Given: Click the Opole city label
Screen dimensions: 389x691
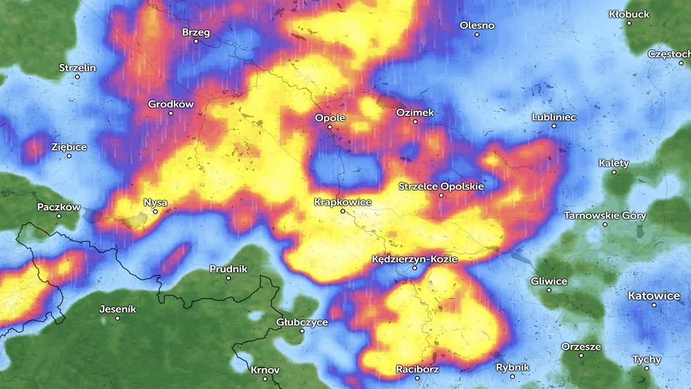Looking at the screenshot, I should pyautogui.click(x=329, y=118).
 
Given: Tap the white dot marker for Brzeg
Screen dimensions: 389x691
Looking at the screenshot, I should pyautogui.click(x=196, y=41).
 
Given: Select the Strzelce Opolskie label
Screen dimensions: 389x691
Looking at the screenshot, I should pyautogui.click(x=441, y=186).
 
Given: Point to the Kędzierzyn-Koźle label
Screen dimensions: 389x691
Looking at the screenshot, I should pyautogui.click(x=415, y=259).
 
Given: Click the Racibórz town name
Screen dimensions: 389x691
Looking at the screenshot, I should pyautogui.click(x=417, y=369).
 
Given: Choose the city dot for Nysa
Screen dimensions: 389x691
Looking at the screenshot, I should pyautogui.click(x=155, y=212).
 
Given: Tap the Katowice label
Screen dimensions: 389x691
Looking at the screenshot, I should pyautogui.click(x=654, y=296).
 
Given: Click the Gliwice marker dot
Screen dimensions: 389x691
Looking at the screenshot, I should pyautogui.click(x=549, y=290).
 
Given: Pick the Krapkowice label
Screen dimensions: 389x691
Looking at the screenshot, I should pyautogui.click(x=343, y=202).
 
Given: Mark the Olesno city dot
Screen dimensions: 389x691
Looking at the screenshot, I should pyautogui.click(x=477, y=35).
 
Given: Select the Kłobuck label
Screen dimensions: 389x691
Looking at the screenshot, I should pyautogui.click(x=629, y=14).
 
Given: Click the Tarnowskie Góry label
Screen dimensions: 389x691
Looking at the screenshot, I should pyautogui.click(x=605, y=216).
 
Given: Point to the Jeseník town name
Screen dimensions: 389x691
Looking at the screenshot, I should pyautogui.click(x=117, y=309).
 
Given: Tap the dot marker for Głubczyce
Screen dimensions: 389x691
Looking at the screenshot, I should pyautogui.click(x=302, y=331).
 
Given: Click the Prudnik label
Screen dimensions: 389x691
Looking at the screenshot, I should pyautogui.click(x=228, y=269).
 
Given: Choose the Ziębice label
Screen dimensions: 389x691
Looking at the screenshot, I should pyautogui.click(x=69, y=147).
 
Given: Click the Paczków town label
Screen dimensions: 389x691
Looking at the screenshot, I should pyautogui.click(x=58, y=207).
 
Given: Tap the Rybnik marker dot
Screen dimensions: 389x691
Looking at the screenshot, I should pyautogui.click(x=512, y=376).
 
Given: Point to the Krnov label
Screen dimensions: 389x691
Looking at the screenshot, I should pyautogui.click(x=265, y=369).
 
